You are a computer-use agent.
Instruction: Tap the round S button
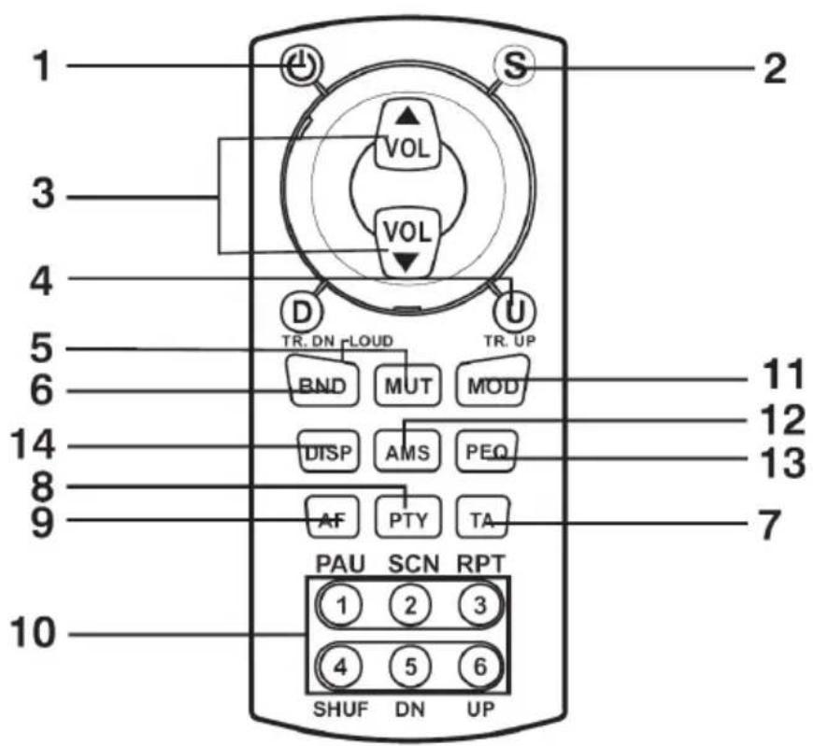point(513,65)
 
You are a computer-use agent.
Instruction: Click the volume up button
point(408,134)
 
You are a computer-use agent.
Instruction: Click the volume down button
point(408,243)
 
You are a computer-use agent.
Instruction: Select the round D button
point(302,312)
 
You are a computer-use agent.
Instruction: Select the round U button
point(514,312)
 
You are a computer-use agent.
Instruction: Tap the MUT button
point(408,386)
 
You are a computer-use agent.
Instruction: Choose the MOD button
point(492,381)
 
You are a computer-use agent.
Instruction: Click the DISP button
point(329,452)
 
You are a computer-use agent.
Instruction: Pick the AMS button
point(407,451)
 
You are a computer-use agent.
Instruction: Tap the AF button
point(333,517)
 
